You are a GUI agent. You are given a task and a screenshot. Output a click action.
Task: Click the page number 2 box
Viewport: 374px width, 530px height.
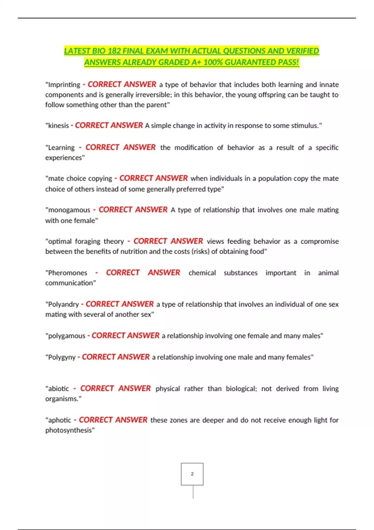pos(192,474)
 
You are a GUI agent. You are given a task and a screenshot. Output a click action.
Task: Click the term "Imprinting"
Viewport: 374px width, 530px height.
pos(64,85)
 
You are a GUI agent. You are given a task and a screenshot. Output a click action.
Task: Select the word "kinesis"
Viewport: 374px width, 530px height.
pos(58,126)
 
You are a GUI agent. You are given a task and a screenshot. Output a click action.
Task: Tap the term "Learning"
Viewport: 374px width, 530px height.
pos(61,148)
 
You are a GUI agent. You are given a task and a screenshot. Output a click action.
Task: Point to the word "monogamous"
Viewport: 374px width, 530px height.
pos(69,210)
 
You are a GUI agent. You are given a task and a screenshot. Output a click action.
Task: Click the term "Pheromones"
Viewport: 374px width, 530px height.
pos(67,273)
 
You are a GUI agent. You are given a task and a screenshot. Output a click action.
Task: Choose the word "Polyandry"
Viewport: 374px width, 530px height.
pos(63,304)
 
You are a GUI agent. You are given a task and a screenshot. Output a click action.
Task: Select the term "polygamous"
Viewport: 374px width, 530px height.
pos(66,336)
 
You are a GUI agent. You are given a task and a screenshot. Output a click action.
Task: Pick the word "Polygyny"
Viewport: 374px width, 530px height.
pos(62,357)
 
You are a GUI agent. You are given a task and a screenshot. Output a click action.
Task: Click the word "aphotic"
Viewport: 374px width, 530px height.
pos(59,420)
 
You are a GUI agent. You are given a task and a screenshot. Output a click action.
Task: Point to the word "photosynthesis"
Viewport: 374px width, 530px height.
pos(69,431)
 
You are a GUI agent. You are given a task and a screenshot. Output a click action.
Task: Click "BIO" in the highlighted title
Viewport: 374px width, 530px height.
pos(99,51)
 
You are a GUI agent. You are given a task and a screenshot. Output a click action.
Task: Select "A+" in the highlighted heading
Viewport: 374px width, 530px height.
pos(196,62)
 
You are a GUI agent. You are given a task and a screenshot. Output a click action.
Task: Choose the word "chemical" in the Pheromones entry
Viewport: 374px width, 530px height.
pos(202,273)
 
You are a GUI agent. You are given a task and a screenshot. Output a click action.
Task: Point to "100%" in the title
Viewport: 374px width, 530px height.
pos(213,62)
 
